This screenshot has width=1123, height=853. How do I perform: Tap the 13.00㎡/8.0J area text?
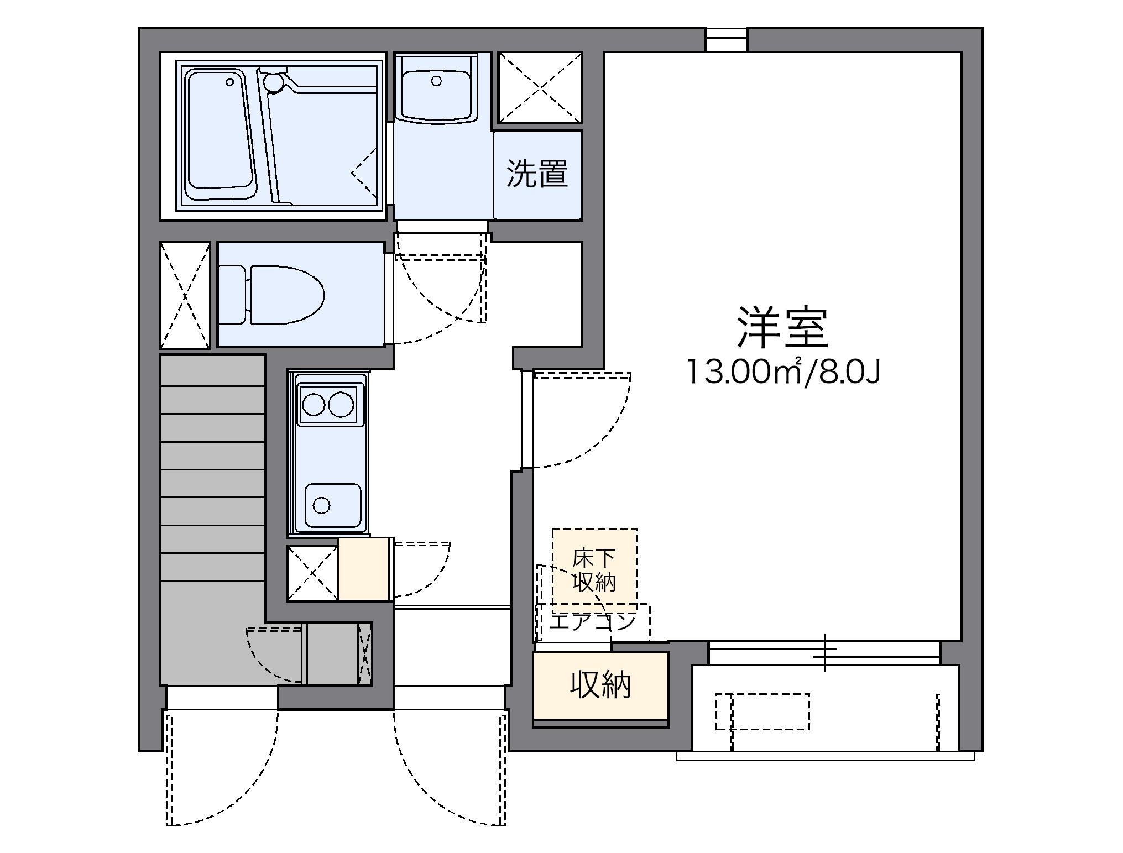tap(783, 371)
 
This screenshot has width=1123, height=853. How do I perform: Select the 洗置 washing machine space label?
tap(537, 174)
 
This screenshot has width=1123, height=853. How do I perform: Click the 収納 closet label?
tap(600, 685)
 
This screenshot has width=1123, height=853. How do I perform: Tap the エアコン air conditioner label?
tap(592, 622)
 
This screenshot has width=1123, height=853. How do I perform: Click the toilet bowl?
tap(286, 295)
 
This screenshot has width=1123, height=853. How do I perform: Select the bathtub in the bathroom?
tap(220, 134)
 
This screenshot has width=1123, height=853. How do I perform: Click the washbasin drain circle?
tap(436, 81)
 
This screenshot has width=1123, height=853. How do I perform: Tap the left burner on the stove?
tap(314, 405)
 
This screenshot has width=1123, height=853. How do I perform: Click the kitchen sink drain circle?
tap(321, 505)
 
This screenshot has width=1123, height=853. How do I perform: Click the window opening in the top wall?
tap(727, 40)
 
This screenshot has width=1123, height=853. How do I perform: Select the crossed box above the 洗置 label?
tap(540, 87)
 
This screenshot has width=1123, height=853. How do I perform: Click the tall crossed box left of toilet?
tap(185, 295)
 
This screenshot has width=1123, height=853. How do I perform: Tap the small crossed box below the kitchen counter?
tap(312, 573)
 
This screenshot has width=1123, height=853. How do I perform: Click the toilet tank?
tap(232, 295)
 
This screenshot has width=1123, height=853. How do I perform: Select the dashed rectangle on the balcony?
tap(763, 711)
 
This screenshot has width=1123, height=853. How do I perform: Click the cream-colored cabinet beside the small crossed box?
tap(365, 569)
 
